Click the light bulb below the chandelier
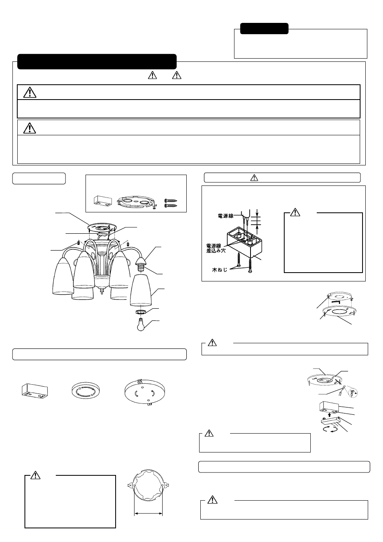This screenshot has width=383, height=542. pyautogui.click(x=141, y=324)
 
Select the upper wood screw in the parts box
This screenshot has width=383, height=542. pyautogui.click(x=171, y=201)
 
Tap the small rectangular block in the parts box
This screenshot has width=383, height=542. pyautogui.click(x=103, y=201)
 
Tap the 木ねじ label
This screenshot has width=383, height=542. pyautogui.click(x=220, y=270)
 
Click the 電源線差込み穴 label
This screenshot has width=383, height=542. pyautogui.click(x=216, y=248)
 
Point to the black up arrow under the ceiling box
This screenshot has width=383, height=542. pyautogui.click(x=328, y=414)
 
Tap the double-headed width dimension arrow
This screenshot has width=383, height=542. pyautogui.click(x=148, y=513)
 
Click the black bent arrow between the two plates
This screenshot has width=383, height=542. pyautogui.click(x=336, y=302)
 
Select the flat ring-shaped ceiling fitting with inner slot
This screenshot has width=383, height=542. pyautogui.click(x=86, y=391)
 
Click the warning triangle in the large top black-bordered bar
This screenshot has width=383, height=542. pyautogui.click(x=30, y=92)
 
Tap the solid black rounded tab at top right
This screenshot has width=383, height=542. pyautogui.click(x=264, y=29)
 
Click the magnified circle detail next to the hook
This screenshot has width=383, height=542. pyautogui.click(x=353, y=393)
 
